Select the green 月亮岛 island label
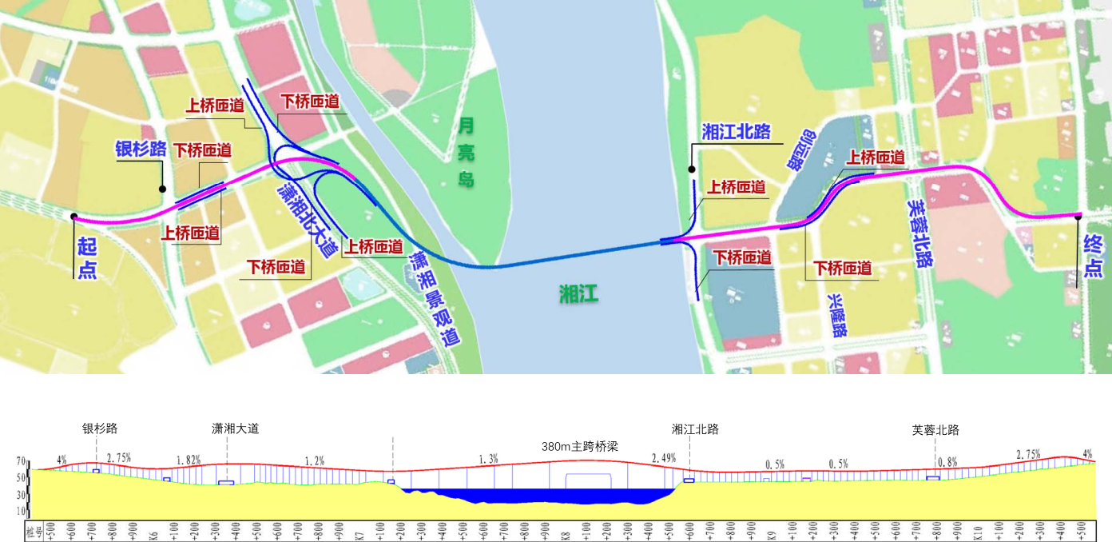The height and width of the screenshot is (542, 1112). pyautogui.click(x=467, y=152)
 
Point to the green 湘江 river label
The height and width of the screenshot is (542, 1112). pyautogui.click(x=578, y=294)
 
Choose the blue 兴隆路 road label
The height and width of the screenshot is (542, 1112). pyautogui.click(x=836, y=315)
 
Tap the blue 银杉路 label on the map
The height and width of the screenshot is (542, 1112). pyautogui.click(x=141, y=149)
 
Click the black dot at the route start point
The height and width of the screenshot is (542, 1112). pyautogui.click(x=73, y=216)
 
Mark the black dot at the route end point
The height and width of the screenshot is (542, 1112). pyautogui.click(x=1078, y=216)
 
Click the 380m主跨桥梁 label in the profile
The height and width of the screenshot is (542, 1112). pyautogui.click(x=578, y=446)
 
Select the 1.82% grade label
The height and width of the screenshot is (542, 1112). pyautogui.click(x=189, y=460)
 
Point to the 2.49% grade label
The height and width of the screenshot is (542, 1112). pyautogui.click(x=664, y=459)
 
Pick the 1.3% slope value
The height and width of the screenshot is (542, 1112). pyautogui.click(x=488, y=460)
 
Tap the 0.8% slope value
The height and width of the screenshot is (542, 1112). pyautogui.click(x=947, y=462)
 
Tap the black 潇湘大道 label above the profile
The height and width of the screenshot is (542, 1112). pyautogui.click(x=235, y=429)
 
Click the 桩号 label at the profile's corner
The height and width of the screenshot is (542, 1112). pyautogui.click(x=31, y=531)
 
